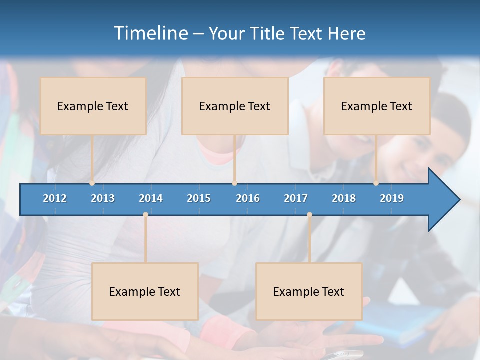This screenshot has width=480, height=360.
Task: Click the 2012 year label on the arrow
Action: tap(55, 198)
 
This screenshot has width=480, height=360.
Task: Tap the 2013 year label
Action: tap(103, 198)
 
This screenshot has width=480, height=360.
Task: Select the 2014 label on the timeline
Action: tap(151, 198)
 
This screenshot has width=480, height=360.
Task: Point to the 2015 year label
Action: tap(199, 198)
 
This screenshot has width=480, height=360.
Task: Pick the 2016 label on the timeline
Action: tap(248, 198)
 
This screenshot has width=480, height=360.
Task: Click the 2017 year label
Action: tap(296, 198)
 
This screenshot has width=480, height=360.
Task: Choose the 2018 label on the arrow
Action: tap(344, 198)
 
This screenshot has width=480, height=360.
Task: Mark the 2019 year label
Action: tap(392, 198)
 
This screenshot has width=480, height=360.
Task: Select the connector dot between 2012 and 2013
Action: tap(92, 183)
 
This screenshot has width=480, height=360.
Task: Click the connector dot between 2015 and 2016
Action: tap(234, 183)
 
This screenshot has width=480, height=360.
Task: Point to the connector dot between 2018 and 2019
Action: tap(376, 183)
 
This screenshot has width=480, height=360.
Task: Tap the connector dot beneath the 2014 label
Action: tap(145, 215)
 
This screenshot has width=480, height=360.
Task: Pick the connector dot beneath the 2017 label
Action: tap(309, 215)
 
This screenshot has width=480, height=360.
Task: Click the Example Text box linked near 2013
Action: tap(93, 106)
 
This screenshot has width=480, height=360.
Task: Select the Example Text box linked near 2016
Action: tap(235, 106)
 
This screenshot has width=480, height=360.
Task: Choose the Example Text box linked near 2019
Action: tap(377, 106)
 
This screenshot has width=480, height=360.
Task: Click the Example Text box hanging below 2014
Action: tap(145, 291)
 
